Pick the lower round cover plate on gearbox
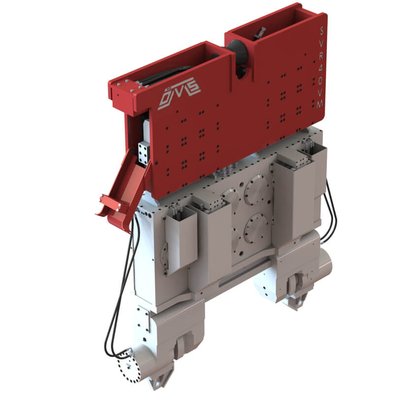[x=256, y=227]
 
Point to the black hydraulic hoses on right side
[x=329, y=212]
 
